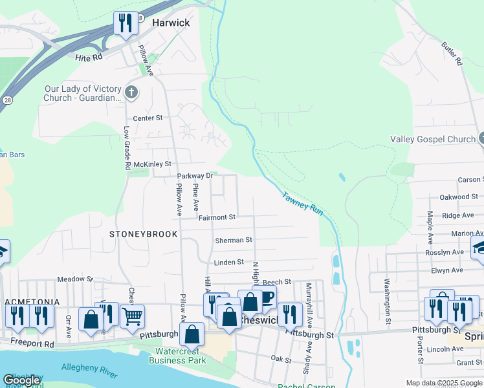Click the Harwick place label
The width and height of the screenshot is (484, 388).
tap(171, 23)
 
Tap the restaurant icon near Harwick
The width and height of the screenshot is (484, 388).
tap(124, 23)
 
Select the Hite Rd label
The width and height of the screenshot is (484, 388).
tap(89, 58)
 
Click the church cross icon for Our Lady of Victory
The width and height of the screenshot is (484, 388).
tap(131, 92)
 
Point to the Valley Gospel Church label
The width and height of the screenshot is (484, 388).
tap(432, 139)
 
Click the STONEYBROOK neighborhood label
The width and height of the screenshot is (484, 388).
tap(143, 234)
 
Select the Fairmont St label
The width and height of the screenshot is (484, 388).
tap(217, 218)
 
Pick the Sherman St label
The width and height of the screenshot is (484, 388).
tap(233, 240)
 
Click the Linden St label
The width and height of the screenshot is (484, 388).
tap(228, 262)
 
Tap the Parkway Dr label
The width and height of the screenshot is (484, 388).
tap(195, 176)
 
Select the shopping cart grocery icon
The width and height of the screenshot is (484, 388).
tap(132, 316)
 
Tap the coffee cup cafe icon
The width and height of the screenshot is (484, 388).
tap(265, 297)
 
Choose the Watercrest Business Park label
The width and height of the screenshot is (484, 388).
tap(179, 355)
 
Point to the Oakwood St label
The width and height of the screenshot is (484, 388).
tap(458, 197)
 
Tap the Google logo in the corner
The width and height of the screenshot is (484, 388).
tap(21, 380)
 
